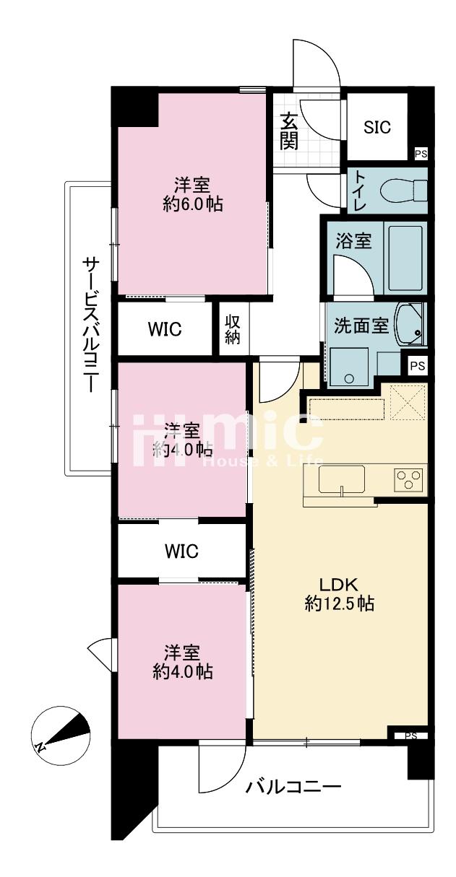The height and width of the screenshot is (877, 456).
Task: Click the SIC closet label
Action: (377, 127)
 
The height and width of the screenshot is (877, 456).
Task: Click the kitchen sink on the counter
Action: (342, 479)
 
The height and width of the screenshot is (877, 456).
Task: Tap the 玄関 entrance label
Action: (289, 131)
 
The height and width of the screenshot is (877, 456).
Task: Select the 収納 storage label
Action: (233, 330)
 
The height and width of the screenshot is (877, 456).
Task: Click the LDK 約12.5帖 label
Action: (339, 594)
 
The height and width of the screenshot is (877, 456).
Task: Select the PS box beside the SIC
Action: (421, 154)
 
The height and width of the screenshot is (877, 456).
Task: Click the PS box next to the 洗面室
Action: (417, 366)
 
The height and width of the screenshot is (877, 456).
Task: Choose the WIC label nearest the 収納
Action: (165, 329)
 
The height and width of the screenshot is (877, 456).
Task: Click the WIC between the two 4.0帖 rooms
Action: (181, 551)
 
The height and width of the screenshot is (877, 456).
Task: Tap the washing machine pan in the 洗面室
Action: (349, 367)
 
